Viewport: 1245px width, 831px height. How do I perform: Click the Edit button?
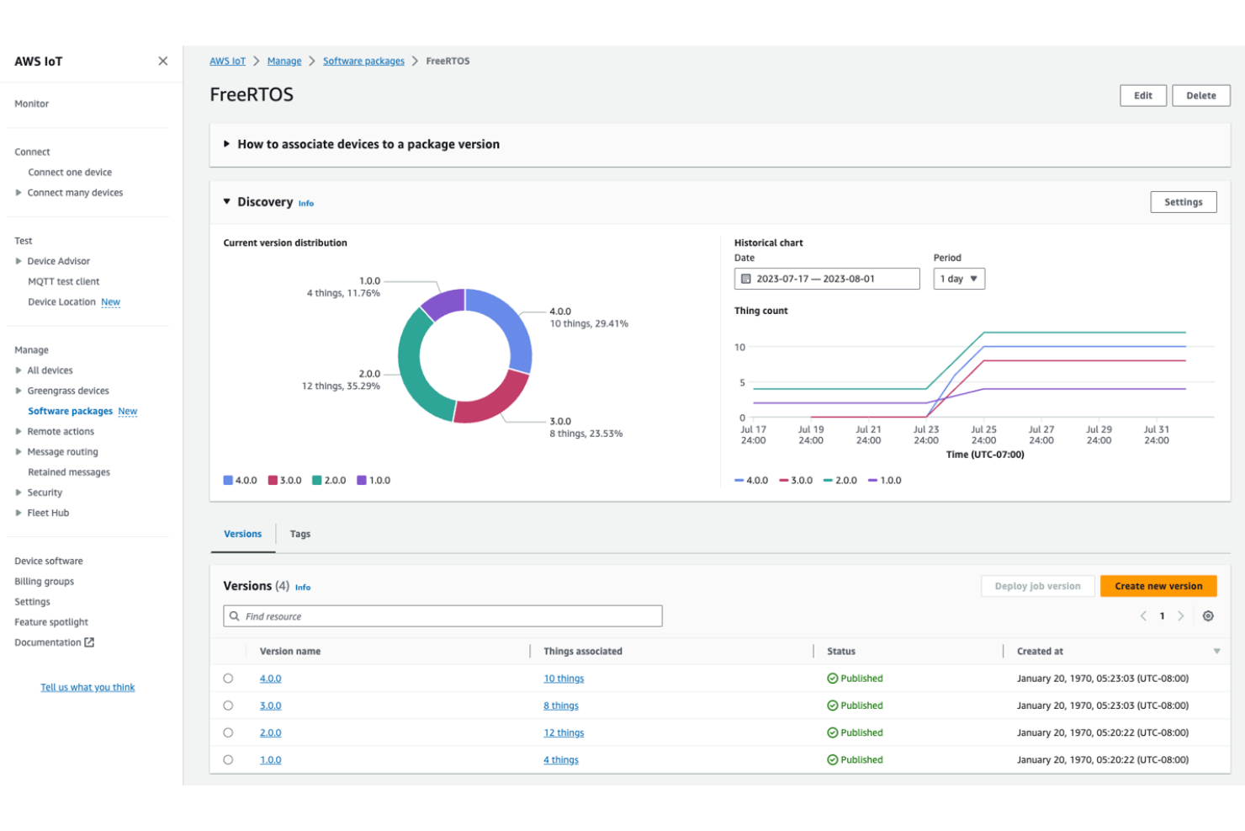coord(1142,96)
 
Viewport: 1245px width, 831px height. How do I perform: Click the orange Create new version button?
coord(1158,586)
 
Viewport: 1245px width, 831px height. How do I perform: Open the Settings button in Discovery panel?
coord(1183,202)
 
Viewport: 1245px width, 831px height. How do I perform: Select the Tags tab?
coord(300,534)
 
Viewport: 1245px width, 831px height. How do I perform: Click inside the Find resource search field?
coord(446,616)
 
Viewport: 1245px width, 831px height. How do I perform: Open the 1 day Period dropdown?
coord(958,279)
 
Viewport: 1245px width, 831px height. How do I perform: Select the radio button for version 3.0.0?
coord(228,706)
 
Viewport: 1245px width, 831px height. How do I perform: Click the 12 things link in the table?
coord(564,733)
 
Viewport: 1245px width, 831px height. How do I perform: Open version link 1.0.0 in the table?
coord(270,760)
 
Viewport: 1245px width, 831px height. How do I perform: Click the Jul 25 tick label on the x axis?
coord(983,434)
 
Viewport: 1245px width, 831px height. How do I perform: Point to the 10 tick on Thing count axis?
coord(739,347)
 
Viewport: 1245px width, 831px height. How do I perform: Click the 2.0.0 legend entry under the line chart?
coord(840,481)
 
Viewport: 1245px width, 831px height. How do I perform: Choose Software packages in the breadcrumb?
coord(363,61)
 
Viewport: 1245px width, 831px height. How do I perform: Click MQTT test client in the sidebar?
coord(64,282)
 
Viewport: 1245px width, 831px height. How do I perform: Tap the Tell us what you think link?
coord(87,688)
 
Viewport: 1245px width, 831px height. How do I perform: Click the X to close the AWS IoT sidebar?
coord(162,61)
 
